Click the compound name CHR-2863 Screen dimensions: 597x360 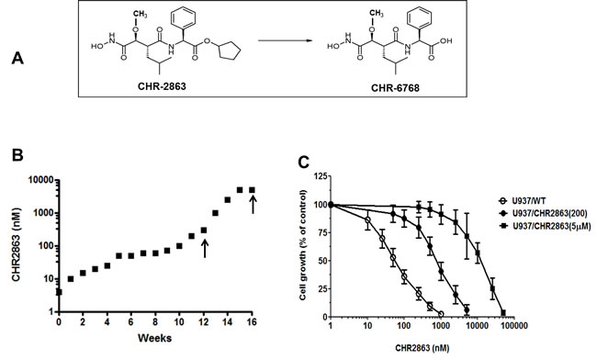162,86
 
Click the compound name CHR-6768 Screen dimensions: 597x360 395,88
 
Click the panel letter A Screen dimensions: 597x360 17,59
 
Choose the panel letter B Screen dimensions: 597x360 17,155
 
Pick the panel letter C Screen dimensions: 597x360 304,163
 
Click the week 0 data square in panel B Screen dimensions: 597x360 59,292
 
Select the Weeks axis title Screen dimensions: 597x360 154,338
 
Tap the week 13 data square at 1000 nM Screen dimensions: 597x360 215,213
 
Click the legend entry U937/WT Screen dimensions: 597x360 515,201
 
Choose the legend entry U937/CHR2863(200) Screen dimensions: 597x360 542,213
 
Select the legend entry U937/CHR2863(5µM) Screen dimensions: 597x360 545,226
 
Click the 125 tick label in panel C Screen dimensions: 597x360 321,175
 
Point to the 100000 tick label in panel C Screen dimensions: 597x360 513,325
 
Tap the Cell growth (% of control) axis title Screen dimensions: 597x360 303,245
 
